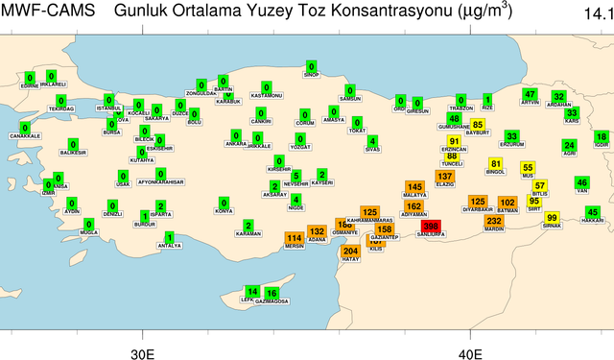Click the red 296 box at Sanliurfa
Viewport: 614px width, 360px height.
[x=431, y=227]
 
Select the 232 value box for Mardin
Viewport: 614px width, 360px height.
[x=494, y=221]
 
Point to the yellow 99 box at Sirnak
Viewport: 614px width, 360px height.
[x=552, y=218]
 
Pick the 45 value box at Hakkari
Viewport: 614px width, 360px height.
[x=593, y=212]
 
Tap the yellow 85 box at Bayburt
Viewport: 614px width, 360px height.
[x=478, y=125]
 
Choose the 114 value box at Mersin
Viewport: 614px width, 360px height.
[x=295, y=238]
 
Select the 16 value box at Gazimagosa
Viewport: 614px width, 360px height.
[x=272, y=293]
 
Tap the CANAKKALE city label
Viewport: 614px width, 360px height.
[x=25, y=136]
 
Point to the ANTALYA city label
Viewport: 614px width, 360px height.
[x=170, y=246]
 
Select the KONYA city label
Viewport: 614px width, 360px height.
[x=224, y=211]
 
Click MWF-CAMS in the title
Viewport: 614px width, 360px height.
[x=48, y=12]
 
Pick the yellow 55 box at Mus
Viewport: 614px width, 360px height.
[x=528, y=167]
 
